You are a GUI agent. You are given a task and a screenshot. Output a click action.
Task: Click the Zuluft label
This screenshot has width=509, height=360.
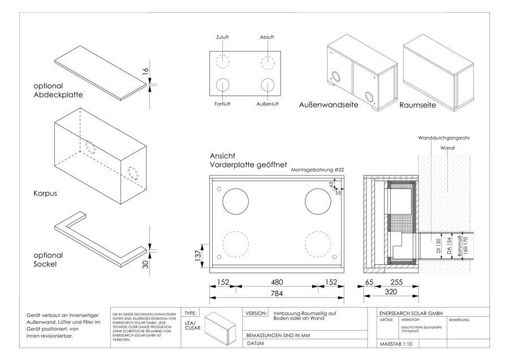coord(223,37)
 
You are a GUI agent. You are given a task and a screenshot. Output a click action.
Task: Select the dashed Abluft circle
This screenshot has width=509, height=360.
coord(267,61)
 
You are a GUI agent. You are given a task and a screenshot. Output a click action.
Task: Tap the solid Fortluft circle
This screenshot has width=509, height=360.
coord(223,86)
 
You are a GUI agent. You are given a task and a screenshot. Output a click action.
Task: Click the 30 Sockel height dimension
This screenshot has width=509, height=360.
coord(145,264)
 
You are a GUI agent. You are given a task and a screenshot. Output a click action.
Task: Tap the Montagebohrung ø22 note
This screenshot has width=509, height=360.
coord(317,170)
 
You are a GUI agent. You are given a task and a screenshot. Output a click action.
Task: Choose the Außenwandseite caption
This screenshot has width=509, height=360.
coord(328,105)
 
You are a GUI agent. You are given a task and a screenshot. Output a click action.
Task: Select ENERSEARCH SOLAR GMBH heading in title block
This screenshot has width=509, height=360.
coord(411,313)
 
